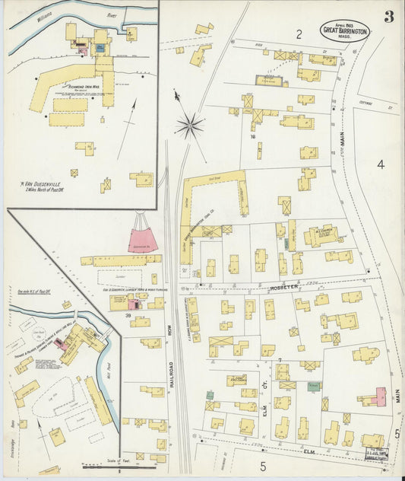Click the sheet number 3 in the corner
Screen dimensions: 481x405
pyautogui.click(x=388, y=17)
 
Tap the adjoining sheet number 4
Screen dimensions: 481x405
pyautogui.click(x=380, y=164)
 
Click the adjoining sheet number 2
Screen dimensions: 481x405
pyautogui.click(x=299, y=33)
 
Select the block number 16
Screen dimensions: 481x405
pyautogui.click(x=252, y=138)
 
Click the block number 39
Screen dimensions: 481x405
pyautogui.click(x=129, y=315)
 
